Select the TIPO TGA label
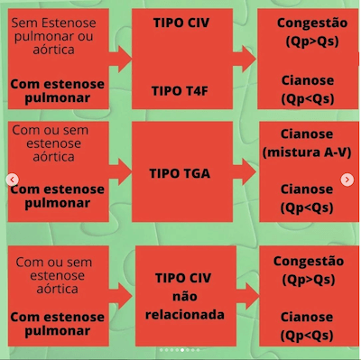182,172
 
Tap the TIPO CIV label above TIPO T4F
182,22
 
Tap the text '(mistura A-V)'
306,152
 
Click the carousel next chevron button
347,180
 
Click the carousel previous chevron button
13,180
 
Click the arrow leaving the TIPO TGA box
245,172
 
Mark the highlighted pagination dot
181,349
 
